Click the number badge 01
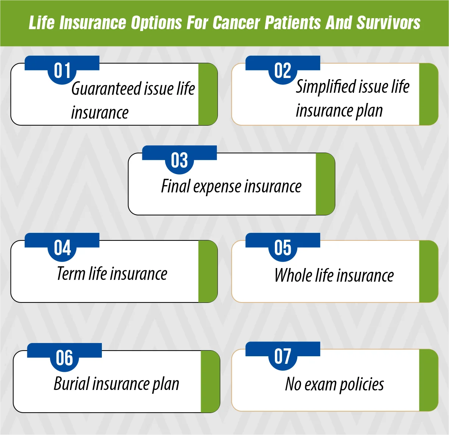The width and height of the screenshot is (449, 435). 62,71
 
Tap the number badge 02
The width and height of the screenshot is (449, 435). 283,71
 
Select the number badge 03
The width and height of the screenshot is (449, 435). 179,161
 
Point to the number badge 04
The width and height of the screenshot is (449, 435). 62,248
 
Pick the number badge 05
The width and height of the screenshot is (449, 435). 283,248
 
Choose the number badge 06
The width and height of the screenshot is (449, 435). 64,358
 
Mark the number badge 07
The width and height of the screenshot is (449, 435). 283,357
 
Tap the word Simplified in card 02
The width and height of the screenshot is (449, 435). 326,87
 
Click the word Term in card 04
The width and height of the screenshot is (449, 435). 71,273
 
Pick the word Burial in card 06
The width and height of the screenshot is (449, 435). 71,384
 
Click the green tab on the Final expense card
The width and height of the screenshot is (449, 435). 325,184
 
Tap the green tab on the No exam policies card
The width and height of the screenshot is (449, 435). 429,380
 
